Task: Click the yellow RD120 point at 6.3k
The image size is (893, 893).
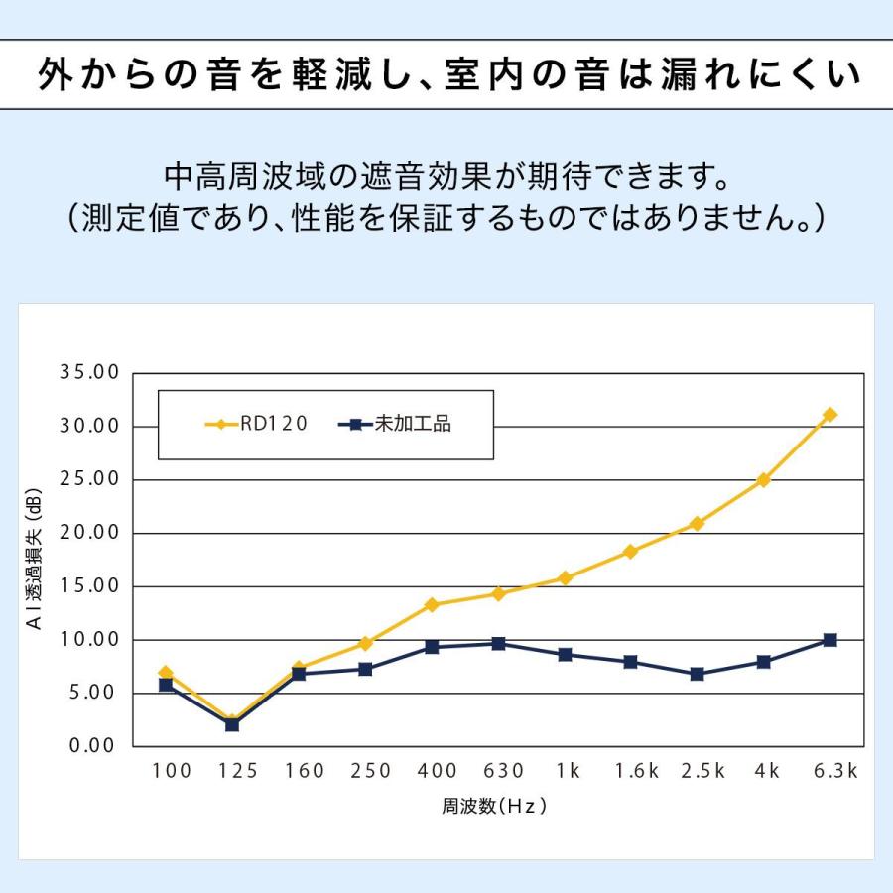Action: (829, 415)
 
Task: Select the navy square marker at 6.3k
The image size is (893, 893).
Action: (829, 640)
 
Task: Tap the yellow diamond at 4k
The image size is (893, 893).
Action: (763, 480)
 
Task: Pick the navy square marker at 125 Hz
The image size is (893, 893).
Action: (232, 724)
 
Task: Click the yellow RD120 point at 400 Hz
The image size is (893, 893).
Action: (432, 605)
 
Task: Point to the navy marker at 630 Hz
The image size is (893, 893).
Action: (498, 644)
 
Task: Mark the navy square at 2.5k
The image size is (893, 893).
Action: (697, 674)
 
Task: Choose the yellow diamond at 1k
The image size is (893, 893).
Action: (565, 578)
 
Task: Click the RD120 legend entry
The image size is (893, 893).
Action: (256, 424)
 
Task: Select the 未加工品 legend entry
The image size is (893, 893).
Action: (395, 424)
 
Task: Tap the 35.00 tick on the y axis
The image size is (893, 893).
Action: (89, 372)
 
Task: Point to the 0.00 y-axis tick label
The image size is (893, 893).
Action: (93, 745)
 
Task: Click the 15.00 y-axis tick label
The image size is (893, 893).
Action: (89, 586)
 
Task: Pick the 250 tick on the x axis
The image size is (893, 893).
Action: (371, 771)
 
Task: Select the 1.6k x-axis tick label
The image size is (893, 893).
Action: (637, 771)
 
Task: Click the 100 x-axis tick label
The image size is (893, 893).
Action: (172, 771)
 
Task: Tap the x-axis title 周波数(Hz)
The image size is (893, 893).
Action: (494, 806)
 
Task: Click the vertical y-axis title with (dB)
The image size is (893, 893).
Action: (34, 559)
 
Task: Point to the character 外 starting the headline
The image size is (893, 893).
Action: (57, 74)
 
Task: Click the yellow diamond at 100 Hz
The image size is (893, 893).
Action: (166, 673)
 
